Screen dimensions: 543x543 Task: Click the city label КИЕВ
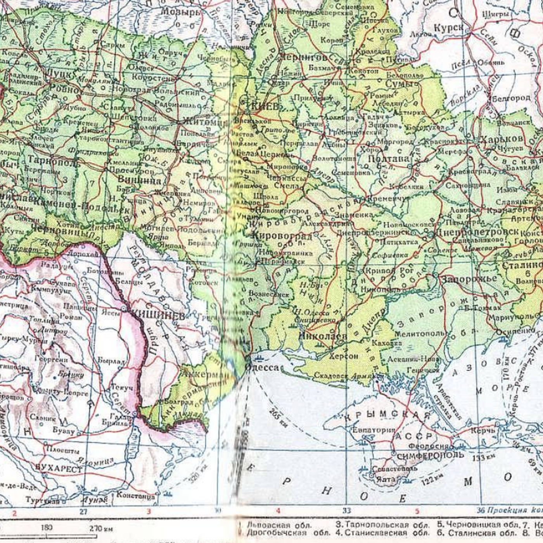pos(265,105)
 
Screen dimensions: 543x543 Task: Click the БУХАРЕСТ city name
pos(59,469)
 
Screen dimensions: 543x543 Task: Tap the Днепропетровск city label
pos(477,232)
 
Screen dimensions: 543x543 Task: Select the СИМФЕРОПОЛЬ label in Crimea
pos(430,455)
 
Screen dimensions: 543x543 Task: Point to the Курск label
pos(448,28)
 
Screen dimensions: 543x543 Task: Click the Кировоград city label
pos(282,236)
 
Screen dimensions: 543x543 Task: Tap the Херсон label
pos(344,356)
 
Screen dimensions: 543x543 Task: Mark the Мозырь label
pos(181,12)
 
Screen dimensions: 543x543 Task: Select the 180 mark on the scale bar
pos(47,527)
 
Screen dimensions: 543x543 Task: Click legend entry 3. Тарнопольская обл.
pos(382,525)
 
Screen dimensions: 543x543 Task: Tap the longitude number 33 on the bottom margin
pos(346,511)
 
